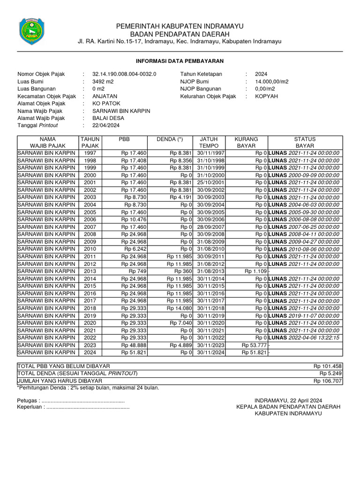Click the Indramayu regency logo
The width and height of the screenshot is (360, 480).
[x=31, y=31]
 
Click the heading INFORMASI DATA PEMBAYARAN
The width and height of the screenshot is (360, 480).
[x=180, y=61]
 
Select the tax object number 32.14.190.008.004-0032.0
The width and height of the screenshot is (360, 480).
[x=124, y=74]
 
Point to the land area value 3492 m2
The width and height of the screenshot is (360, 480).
[x=103, y=81]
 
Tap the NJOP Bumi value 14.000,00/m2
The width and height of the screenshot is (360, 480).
[x=272, y=81]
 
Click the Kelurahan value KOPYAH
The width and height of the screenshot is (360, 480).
[x=266, y=96]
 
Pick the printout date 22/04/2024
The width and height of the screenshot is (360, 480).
[x=106, y=125]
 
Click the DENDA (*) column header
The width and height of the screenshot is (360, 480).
[x=170, y=139]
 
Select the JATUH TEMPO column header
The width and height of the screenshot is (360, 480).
[x=210, y=142]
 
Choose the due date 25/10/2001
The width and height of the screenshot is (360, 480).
[x=211, y=182]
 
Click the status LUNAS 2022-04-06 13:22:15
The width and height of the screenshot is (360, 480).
[x=304, y=337]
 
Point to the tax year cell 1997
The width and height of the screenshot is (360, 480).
[x=90, y=153]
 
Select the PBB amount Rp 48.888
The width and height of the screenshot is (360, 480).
[x=134, y=345]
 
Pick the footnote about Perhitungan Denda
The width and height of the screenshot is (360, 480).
[x=88, y=388]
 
